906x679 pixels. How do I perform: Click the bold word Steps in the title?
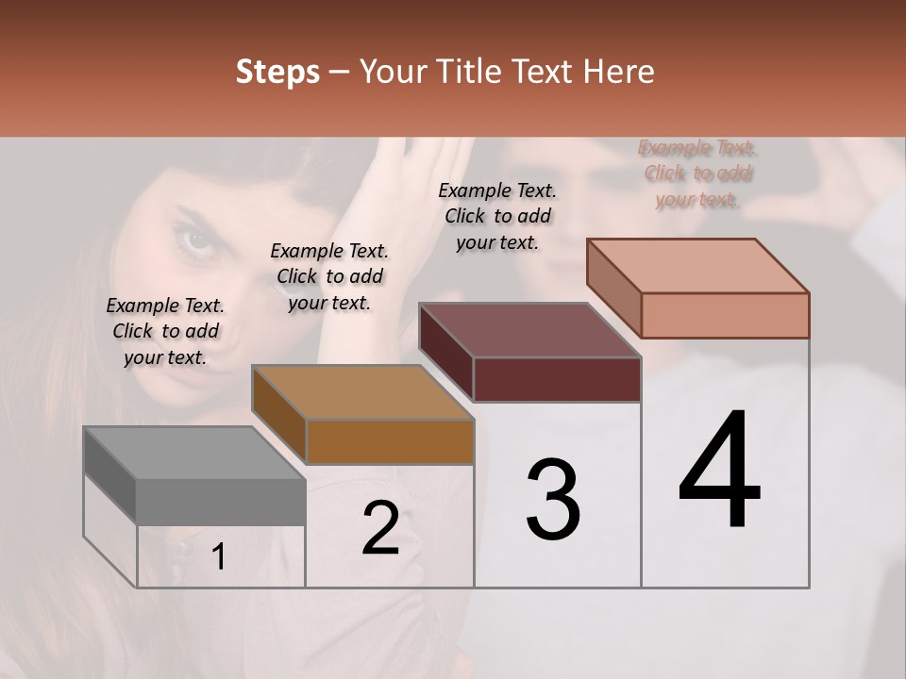[x=277, y=73]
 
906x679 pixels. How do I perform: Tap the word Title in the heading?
[x=471, y=73]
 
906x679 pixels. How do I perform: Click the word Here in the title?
[x=617, y=73]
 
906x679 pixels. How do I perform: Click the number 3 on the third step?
[x=553, y=500]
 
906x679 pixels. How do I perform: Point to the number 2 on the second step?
[x=380, y=529]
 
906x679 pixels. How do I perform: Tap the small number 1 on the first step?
[x=219, y=557]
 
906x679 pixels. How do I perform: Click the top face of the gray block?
[x=193, y=453]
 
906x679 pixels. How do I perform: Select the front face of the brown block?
[x=390, y=441]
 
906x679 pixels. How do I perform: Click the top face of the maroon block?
[x=529, y=330]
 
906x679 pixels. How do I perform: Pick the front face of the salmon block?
[x=725, y=315]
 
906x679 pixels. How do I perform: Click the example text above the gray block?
[x=165, y=331]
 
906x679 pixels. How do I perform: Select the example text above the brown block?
[x=329, y=276]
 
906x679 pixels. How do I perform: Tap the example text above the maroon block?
[x=497, y=216]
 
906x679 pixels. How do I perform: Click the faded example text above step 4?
[x=696, y=174]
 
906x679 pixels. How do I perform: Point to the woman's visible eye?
[x=196, y=240]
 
